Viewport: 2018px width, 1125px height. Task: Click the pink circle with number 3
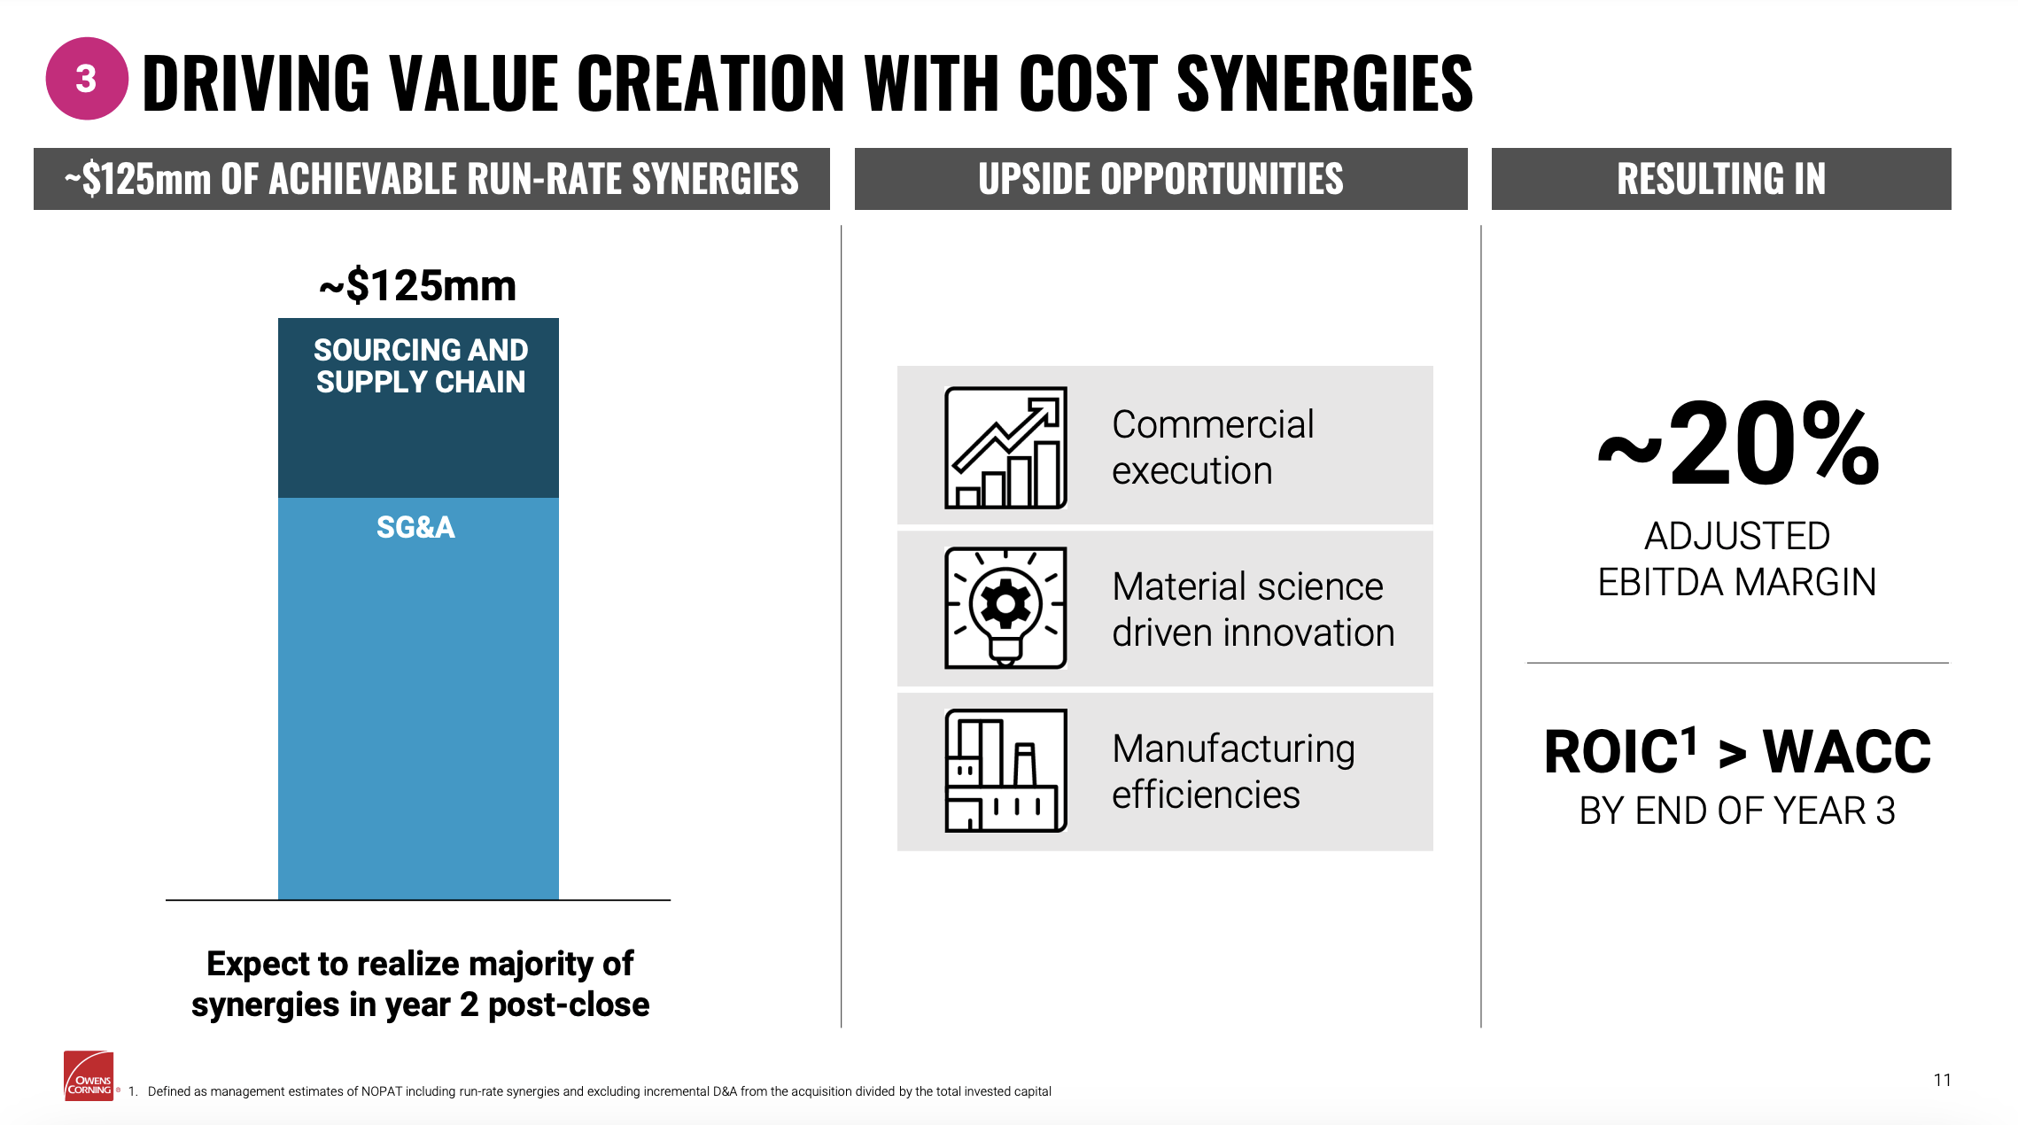87,79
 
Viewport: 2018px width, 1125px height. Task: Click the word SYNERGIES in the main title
1324,82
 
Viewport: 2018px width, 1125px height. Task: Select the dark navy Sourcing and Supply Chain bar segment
418,407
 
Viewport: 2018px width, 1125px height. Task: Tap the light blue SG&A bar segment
418,698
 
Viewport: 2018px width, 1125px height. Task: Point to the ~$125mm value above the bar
418,285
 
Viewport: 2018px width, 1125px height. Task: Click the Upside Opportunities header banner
1160,179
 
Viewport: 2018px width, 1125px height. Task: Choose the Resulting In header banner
1721,179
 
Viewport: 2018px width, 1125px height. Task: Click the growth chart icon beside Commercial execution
1005,447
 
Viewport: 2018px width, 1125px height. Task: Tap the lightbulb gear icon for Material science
1005,608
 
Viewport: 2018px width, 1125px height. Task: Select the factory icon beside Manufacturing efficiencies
1005,771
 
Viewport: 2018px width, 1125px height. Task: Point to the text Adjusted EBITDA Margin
1737,559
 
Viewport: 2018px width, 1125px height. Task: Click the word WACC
1847,752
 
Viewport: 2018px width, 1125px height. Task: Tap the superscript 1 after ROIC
1689,741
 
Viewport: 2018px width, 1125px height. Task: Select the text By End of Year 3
1737,811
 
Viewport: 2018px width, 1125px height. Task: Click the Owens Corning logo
89,1076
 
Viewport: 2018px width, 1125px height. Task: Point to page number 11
1943,1080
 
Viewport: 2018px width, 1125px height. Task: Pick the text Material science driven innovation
1253,609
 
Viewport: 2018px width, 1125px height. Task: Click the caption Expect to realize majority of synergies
421,984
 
